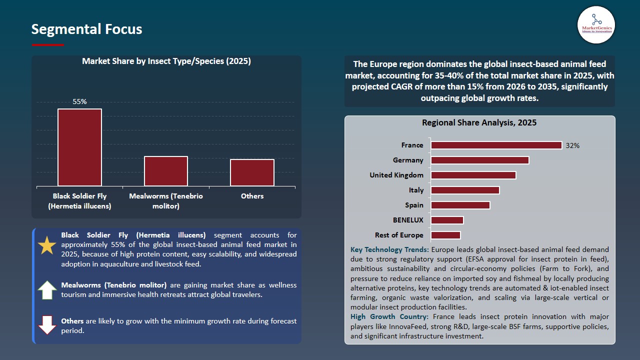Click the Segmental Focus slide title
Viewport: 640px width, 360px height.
coord(86,29)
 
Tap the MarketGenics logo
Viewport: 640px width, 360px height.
coord(596,25)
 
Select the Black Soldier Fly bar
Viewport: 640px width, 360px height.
coord(79,147)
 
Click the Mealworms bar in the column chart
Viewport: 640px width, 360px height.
coord(166,171)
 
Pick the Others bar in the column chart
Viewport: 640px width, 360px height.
coord(252,172)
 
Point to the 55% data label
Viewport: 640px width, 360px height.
coord(79,101)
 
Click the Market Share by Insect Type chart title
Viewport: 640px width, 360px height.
coord(166,61)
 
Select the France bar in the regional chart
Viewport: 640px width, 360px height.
coord(496,145)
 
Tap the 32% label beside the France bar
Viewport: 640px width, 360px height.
coord(572,145)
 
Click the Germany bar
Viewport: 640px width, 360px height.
coord(479,160)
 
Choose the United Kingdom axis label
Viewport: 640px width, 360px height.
coord(396,175)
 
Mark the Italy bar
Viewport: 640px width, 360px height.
coord(465,190)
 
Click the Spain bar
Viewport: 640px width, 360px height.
coord(460,205)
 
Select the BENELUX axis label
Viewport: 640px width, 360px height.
coord(408,220)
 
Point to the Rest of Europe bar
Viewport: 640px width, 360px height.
coord(445,235)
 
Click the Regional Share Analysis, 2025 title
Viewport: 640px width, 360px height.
coord(479,123)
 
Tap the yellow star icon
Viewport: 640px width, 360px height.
coord(47,245)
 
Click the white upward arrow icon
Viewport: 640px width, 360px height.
coord(47,290)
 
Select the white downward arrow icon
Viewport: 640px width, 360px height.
coord(47,325)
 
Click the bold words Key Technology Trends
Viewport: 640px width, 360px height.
coord(389,249)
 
